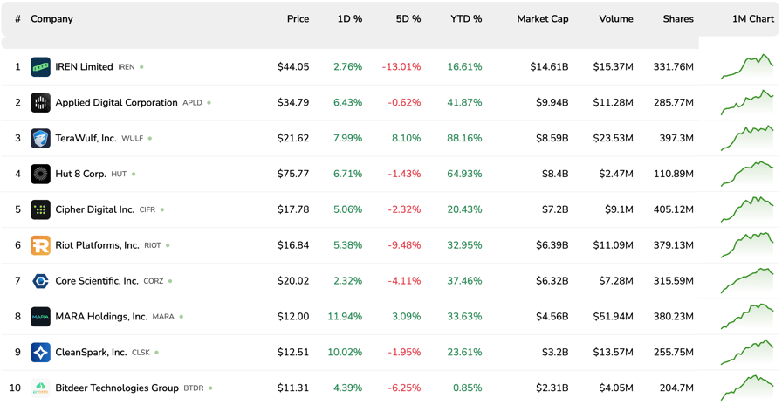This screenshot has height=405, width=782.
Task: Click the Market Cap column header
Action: coord(542,18)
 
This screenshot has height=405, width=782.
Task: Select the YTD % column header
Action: coord(466,18)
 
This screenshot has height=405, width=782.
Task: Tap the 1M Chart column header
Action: coord(752,18)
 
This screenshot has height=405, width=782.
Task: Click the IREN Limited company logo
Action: coord(40,67)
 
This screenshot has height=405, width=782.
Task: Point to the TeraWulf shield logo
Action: coord(40,139)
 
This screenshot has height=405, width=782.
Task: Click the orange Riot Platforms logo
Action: coord(40,246)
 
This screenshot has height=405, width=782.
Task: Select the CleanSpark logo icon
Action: coord(40,353)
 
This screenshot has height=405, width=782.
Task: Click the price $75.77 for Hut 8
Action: coord(292,175)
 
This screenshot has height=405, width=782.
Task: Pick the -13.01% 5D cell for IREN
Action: coord(401,67)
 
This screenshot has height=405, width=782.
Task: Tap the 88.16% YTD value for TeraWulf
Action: coord(464,139)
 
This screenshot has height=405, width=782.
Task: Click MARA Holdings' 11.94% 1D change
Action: coord(344,317)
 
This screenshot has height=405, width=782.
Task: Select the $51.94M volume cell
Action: coord(613,317)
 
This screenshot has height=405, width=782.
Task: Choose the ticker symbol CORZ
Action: coord(153,282)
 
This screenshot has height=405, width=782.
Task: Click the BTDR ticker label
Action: coord(193,388)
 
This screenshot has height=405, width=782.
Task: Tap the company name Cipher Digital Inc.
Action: coord(94,210)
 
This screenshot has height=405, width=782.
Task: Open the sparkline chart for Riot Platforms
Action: coord(747,244)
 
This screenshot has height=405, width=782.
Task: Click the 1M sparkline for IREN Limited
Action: coord(747,66)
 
